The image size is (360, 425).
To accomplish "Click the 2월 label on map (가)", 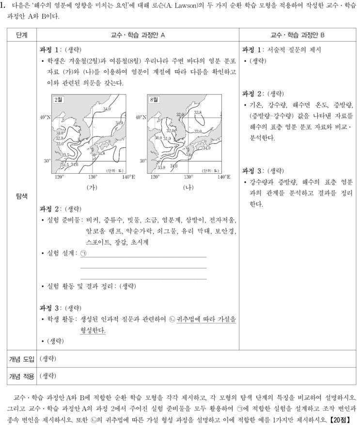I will point(59,99).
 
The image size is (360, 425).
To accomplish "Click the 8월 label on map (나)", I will point(154,99).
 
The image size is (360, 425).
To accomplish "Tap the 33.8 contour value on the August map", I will point(198,112).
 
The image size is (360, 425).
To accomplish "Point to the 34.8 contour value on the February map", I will point(101,153).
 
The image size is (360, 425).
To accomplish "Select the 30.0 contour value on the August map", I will point(158,138).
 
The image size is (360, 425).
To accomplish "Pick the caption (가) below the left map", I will point(92,187).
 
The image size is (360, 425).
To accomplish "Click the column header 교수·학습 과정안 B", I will point(297,35).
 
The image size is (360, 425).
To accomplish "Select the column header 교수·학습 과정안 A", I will point(139,35).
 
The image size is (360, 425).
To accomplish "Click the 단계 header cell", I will point(21,35).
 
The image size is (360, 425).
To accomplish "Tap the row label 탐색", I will point(21,196).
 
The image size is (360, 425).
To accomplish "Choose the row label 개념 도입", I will point(21,359).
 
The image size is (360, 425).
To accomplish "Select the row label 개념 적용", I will point(21,375).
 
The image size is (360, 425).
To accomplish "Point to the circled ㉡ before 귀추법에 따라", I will point(171,320).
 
